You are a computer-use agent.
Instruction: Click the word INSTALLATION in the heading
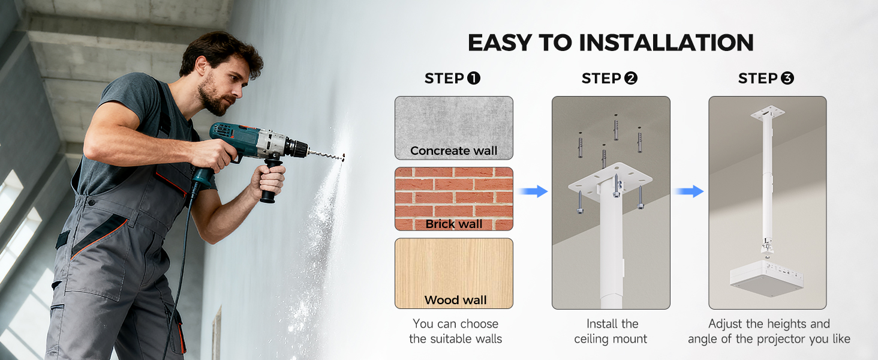[x=666, y=43]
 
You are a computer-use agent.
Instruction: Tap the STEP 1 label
[x=452, y=79]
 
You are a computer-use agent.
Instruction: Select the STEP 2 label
[x=609, y=79]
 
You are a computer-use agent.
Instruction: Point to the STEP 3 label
[x=766, y=79]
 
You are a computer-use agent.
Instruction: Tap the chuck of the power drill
[x=296, y=149]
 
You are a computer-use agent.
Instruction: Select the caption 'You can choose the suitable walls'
[x=455, y=331]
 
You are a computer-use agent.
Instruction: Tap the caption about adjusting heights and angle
[x=769, y=331]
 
